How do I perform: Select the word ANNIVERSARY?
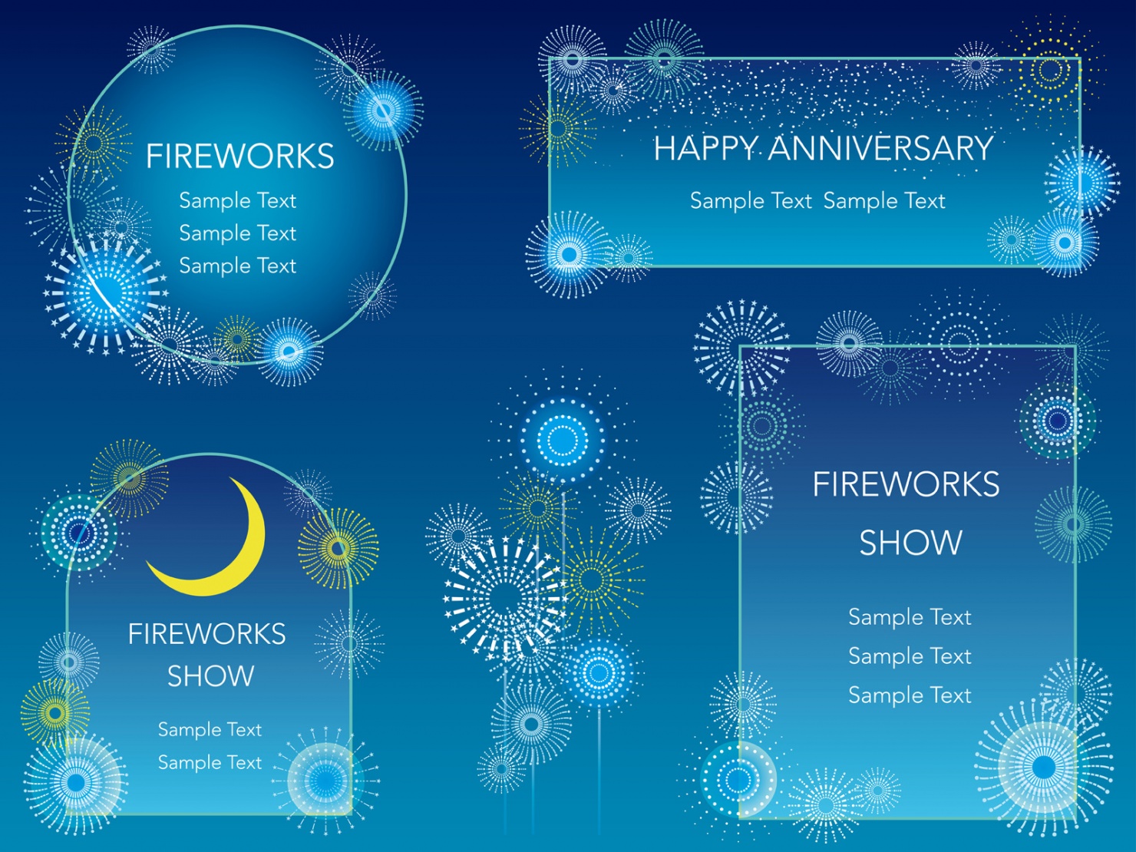click(x=881, y=148)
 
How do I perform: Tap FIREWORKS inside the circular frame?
click(x=239, y=157)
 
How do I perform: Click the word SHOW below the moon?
click(x=210, y=675)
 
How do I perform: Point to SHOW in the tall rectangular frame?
click(x=911, y=543)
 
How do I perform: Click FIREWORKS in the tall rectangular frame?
click(x=906, y=484)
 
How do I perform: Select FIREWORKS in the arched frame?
click(x=206, y=634)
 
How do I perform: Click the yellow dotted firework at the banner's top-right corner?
click(x=1049, y=69)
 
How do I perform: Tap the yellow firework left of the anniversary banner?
click(x=558, y=129)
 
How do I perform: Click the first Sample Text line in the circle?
click(x=237, y=200)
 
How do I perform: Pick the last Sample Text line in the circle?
click(x=237, y=266)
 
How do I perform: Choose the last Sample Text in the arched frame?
click(x=210, y=762)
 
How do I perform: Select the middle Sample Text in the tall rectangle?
click(x=910, y=656)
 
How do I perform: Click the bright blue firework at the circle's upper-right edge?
click(x=384, y=110)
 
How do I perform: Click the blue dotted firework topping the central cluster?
click(x=563, y=440)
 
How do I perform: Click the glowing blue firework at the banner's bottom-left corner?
click(x=570, y=255)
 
